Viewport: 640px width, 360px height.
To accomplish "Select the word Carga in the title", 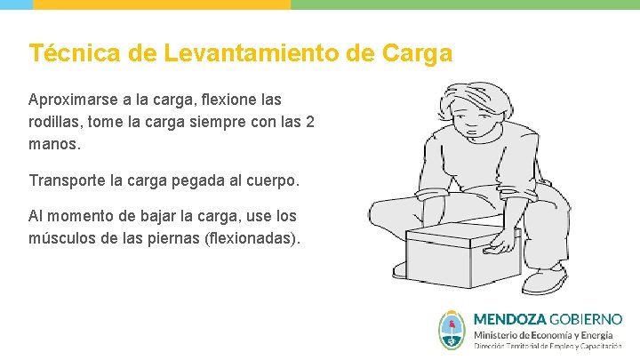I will tap(417, 53).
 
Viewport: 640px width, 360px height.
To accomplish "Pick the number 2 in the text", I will tap(309, 121).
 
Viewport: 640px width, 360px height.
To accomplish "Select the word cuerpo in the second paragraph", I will tap(275, 180).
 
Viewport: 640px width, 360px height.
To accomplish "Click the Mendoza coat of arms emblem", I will tap(452, 330).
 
